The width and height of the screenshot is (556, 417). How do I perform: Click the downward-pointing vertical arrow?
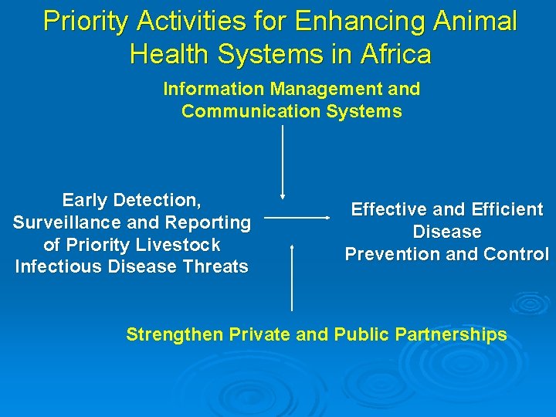(283, 162)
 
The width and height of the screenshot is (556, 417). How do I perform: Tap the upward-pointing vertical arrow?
(292, 278)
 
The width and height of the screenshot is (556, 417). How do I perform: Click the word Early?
(84, 201)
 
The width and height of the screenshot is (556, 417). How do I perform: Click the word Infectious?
(56, 268)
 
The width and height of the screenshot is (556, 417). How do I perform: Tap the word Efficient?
(505, 209)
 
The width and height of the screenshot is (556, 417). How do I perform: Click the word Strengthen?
(175, 334)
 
